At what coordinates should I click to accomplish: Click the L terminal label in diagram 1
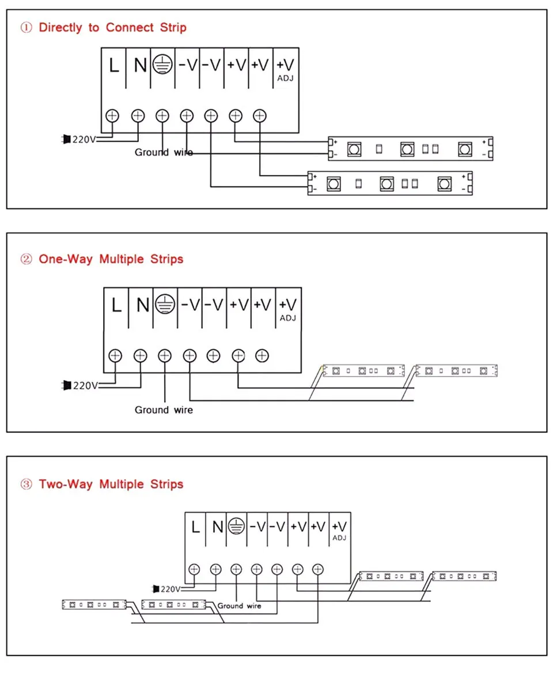[x=114, y=66]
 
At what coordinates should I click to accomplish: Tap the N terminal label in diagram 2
[x=142, y=305]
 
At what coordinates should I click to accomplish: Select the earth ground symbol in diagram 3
[x=236, y=526]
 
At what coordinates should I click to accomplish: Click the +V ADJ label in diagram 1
[x=286, y=69]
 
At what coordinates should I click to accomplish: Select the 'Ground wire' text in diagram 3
[x=239, y=606]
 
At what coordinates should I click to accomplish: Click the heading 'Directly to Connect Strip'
[x=112, y=28]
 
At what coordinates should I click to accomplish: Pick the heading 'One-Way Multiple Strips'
[x=111, y=259]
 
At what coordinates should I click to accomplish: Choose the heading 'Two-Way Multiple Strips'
[x=111, y=484]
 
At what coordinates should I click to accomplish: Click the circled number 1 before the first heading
[x=26, y=28]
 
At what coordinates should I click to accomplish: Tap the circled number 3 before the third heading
[x=26, y=484]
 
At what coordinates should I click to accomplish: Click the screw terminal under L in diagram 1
[x=113, y=115]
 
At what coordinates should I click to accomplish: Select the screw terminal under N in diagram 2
[x=141, y=355]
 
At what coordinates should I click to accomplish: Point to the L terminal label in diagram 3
[x=195, y=526]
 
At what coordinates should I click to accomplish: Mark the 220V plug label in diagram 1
[x=83, y=139]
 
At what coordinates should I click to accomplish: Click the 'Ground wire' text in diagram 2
[x=164, y=410]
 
